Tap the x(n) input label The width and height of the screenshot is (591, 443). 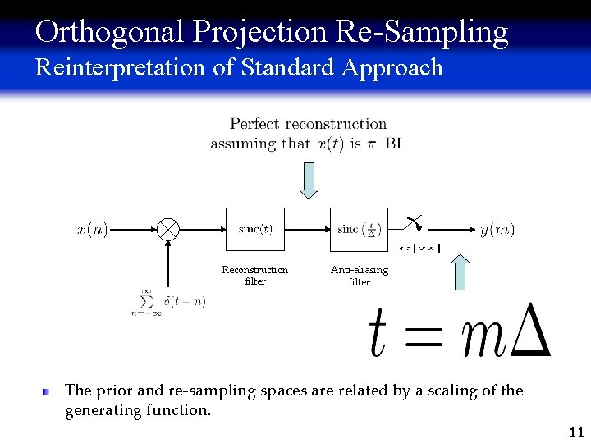[x=93, y=230]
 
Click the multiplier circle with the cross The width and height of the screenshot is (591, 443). [x=168, y=230]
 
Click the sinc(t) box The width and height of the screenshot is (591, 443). [x=255, y=230]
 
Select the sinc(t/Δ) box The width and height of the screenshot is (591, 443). [x=358, y=230]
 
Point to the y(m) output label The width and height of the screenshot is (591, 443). [x=497, y=230]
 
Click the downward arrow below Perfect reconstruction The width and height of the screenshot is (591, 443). [x=308, y=180]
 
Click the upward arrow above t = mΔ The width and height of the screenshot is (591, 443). [x=460, y=272]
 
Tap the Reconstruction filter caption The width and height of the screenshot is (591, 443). [x=255, y=276]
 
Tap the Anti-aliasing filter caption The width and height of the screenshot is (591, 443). [x=359, y=276]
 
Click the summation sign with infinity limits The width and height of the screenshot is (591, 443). [x=146, y=302]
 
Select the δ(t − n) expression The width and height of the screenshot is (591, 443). [x=185, y=302]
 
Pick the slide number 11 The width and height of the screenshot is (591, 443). [x=575, y=432]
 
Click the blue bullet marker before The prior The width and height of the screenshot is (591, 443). [x=48, y=392]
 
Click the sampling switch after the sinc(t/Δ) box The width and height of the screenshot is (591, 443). [x=414, y=222]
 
